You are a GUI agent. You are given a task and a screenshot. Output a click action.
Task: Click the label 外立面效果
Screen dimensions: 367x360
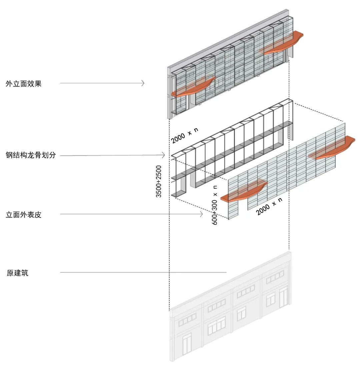coord(23,84)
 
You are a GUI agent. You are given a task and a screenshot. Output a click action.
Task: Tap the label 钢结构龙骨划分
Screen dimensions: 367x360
coord(30,155)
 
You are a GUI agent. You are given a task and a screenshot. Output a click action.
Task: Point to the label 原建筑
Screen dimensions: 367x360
coord(18,273)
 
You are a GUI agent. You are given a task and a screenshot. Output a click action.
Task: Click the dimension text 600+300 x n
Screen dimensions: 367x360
coord(215,205)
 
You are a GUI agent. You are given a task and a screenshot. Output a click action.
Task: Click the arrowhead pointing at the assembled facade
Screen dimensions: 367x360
coord(143,83)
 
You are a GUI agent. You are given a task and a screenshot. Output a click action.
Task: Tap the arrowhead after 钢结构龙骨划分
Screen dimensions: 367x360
coord(164,155)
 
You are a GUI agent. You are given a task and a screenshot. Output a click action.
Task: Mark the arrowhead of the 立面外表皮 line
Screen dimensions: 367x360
coord(201,214)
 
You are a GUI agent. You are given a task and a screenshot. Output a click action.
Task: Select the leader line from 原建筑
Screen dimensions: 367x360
coord(143,272)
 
